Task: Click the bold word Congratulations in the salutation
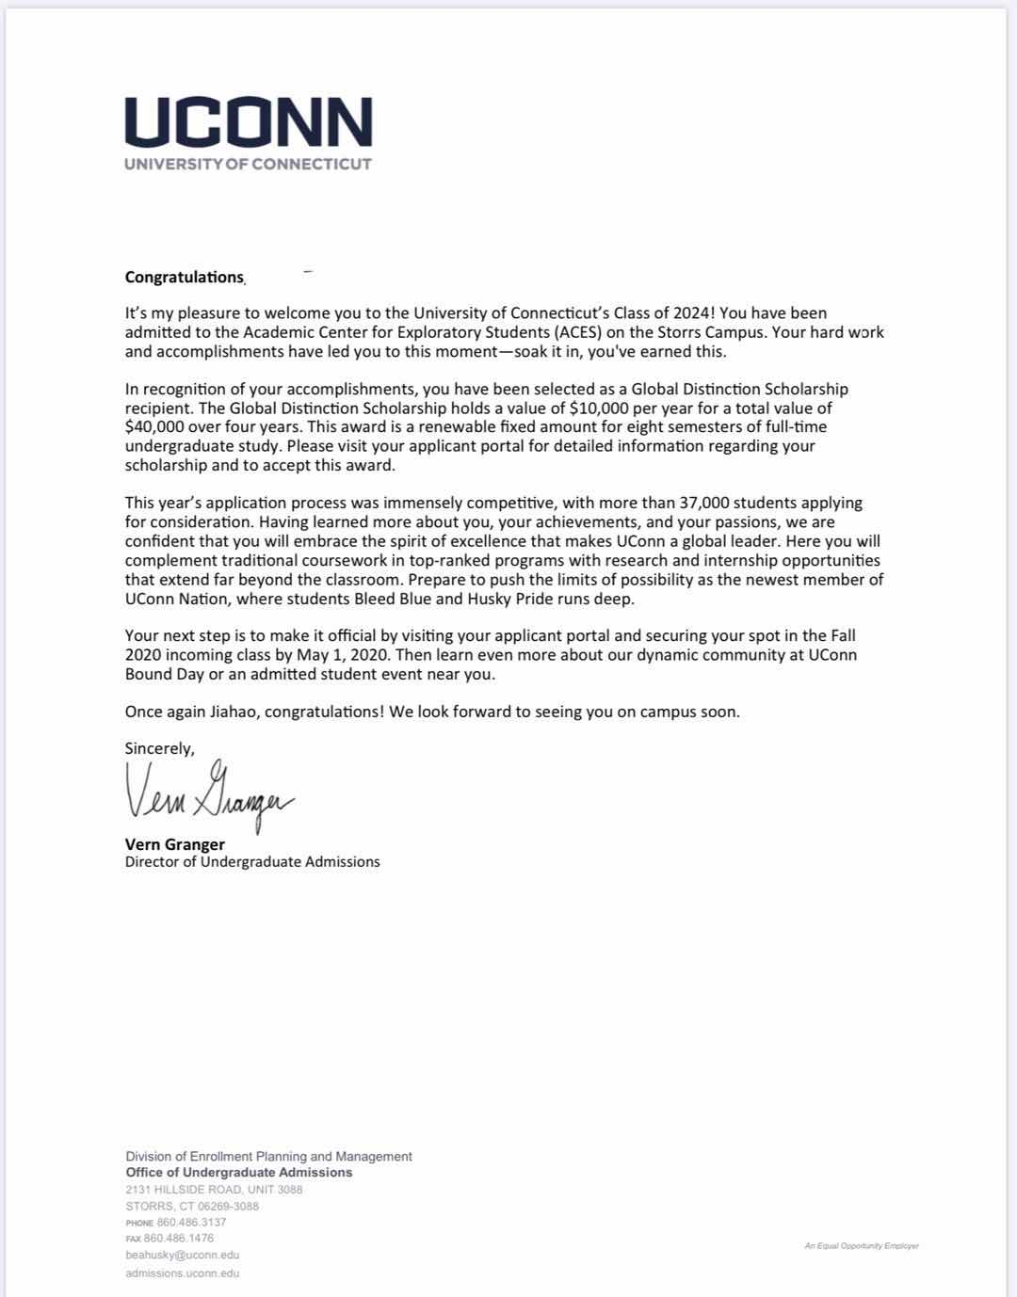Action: [185, 277]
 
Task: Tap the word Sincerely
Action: [159, 748]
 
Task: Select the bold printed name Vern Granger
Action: [174, 844]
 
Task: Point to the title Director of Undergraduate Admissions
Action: [252, 862]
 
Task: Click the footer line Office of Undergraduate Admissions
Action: [239, 1173]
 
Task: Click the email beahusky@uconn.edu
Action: [182, 1256]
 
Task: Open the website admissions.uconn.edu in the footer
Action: [182, 1273]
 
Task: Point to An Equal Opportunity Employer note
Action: [862, 1246]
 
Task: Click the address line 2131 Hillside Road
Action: [214, 1190]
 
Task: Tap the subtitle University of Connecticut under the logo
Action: [248, 164]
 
